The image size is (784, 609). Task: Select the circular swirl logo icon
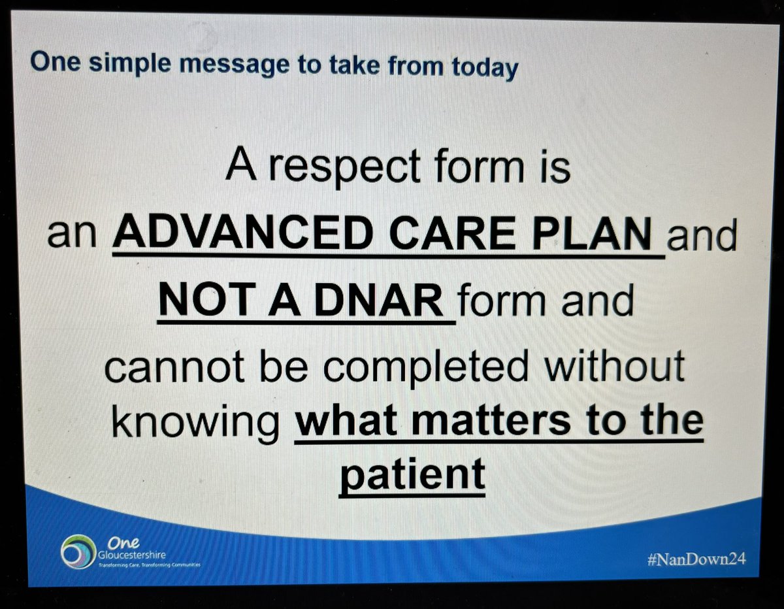coord(76,553)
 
